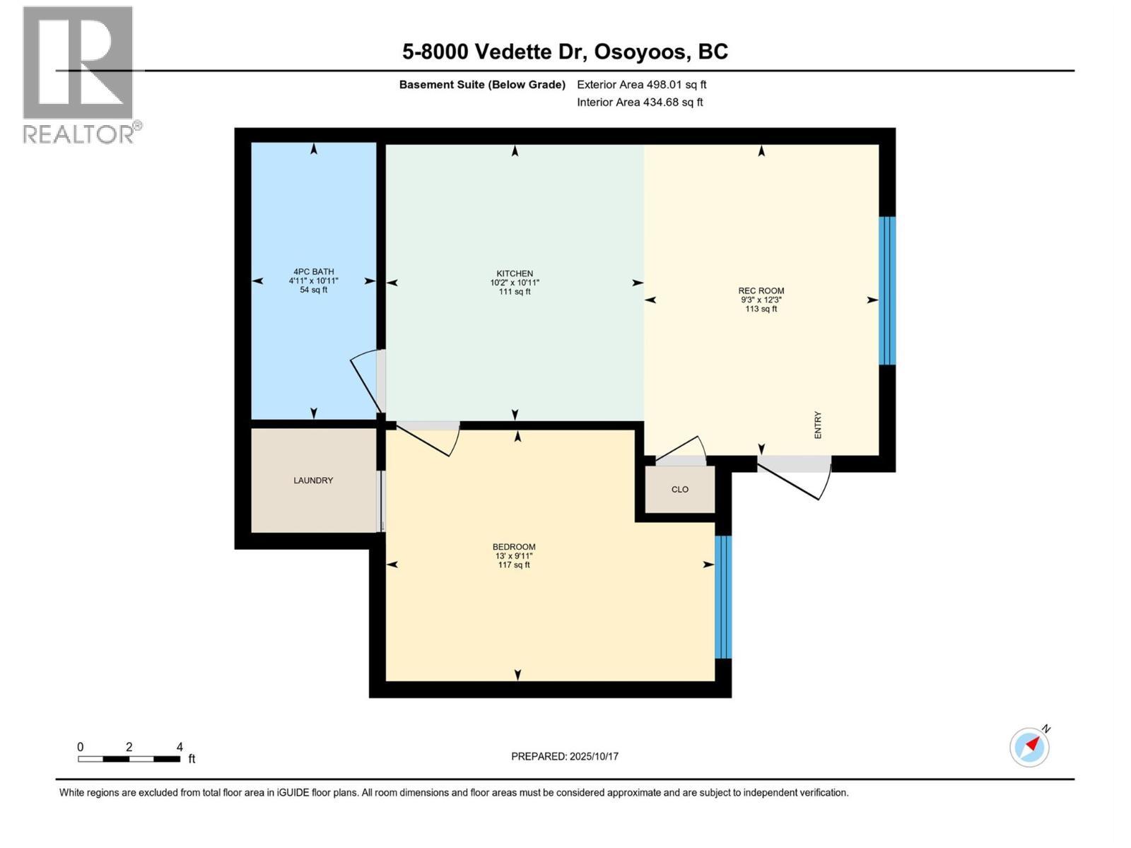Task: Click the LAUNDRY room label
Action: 313,481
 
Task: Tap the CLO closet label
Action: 679,490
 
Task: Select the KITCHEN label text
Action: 515,273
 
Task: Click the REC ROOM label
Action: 761,290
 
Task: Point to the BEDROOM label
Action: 514,547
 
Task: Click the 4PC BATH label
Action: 313,271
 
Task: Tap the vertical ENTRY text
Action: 818,425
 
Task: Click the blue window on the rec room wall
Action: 886,290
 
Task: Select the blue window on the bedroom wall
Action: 722,597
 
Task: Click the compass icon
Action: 1029,747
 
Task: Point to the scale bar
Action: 129,759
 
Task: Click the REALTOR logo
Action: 79,74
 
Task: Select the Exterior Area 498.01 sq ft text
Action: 641,85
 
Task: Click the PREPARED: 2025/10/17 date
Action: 565,756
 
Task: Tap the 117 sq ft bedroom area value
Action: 514,565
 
